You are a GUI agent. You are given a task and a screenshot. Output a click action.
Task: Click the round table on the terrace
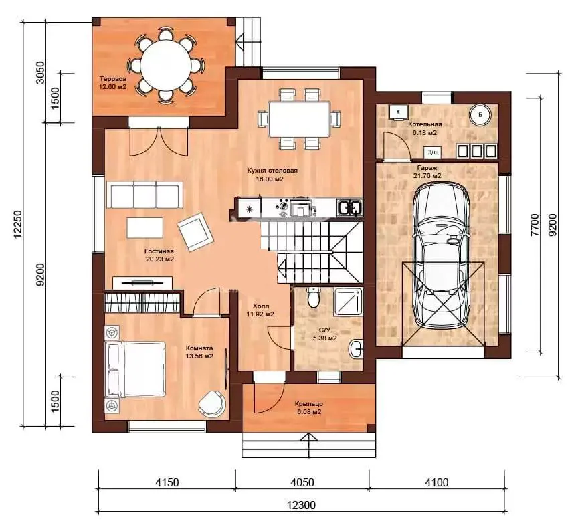[x=165, y=66]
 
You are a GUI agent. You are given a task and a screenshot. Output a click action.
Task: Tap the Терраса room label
[x=113, y=79]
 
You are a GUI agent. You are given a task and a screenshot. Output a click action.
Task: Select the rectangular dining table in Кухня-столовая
[x=299, y=118]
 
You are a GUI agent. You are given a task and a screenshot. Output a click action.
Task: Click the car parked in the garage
[x=440, y=255]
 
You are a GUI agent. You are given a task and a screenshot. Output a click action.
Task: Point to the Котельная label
[x=425, y=124]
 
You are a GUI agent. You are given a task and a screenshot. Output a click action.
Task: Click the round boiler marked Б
[x=480, y=115]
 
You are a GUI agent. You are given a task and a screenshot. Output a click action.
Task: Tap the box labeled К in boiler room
[x=398, y=111]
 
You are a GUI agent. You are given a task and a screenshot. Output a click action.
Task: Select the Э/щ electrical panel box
[x=433, y=152]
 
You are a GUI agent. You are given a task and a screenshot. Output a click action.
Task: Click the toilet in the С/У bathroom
[x=314, y=297]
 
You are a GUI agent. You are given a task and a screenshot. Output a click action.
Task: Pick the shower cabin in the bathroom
[x=349, y=302]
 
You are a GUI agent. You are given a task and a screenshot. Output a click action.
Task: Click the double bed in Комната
[x=135, y=369]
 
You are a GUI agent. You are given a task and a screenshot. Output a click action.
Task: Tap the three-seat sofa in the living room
[x=145, y=195]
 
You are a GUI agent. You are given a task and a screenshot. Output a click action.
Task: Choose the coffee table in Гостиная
[x=145, y=227]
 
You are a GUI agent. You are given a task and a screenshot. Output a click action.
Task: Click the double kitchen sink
[x=349, y=208]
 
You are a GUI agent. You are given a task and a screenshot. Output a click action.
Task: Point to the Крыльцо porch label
[x=309, y=404]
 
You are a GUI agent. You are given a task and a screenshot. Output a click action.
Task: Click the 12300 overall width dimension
[x=301, y=504]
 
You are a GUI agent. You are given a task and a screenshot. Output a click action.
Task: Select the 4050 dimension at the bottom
[x=302, y=482]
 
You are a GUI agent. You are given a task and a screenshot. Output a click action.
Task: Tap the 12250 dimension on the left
[x=19, y=224]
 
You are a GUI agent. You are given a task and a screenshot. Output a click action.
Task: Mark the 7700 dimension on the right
[x=535, y=225]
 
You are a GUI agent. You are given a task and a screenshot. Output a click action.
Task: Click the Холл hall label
[x=261, y=306]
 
